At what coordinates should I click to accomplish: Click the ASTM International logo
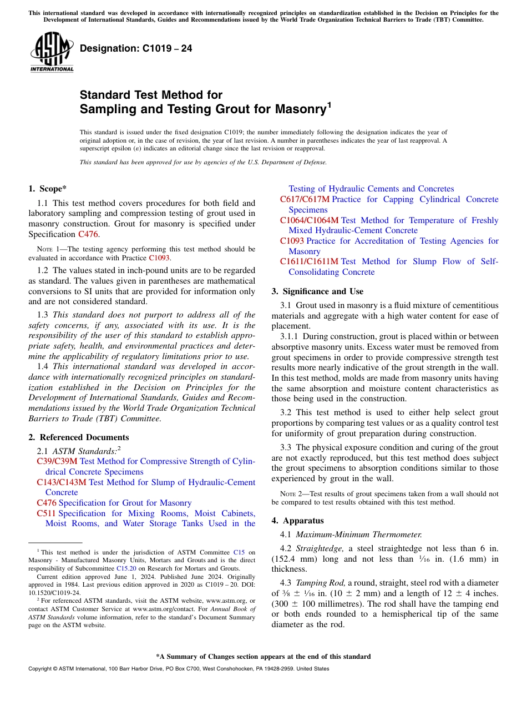tap(52, 52)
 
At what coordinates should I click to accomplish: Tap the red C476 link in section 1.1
tap(88, 234)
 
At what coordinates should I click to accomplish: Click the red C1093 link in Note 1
tap(159, 258)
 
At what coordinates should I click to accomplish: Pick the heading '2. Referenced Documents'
tap(78, 437)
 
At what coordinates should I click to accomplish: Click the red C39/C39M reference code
tap(57, 461)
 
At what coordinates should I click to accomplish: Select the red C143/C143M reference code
tap(62, 482)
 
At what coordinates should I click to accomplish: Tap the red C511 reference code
tap(46, 513)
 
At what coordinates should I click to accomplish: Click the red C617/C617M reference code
tap(305, 199)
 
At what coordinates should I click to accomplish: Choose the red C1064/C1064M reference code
tap(309, 220)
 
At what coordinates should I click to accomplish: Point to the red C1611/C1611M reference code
tap(309, 261)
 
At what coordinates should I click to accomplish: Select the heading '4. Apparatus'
tap(297, 521)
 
